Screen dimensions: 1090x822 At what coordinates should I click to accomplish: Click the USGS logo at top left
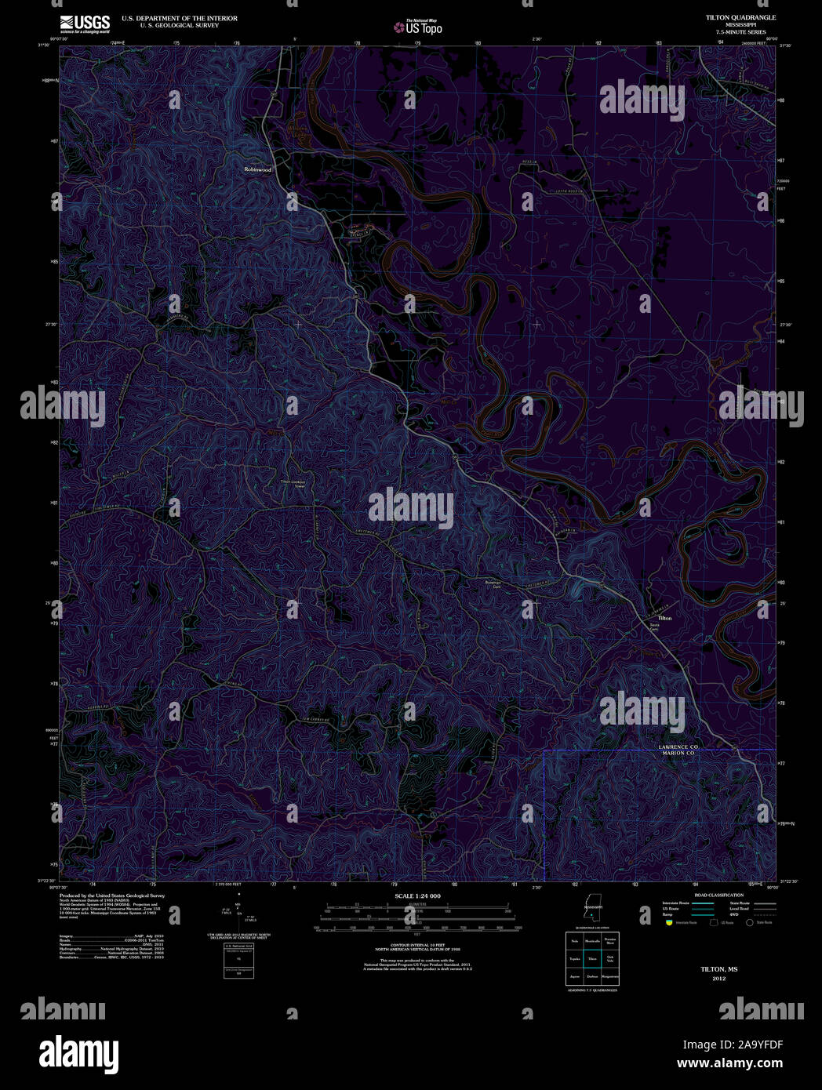click(x=85, y=24)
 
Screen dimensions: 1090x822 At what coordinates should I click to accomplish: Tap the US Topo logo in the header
click(x=418, y=27)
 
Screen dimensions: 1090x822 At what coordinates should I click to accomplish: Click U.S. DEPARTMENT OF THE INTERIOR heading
click(x=179, y=18)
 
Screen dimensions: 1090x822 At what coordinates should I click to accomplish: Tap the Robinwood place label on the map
click(x=257, y=169)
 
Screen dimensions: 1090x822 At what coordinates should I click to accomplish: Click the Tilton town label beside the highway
click(x=665, y=618)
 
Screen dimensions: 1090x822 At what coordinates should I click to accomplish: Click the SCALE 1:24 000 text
click(x=417, y=896)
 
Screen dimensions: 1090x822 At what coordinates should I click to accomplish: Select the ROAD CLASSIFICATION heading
click(x=718, y=895)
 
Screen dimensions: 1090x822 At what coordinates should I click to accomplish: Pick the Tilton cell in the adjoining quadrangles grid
click(x=593, y=959)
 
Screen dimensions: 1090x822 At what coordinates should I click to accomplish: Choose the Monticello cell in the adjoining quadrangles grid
click(x=593, y=940)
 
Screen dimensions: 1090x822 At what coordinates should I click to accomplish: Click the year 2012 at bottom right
click(x=719, y=979)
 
